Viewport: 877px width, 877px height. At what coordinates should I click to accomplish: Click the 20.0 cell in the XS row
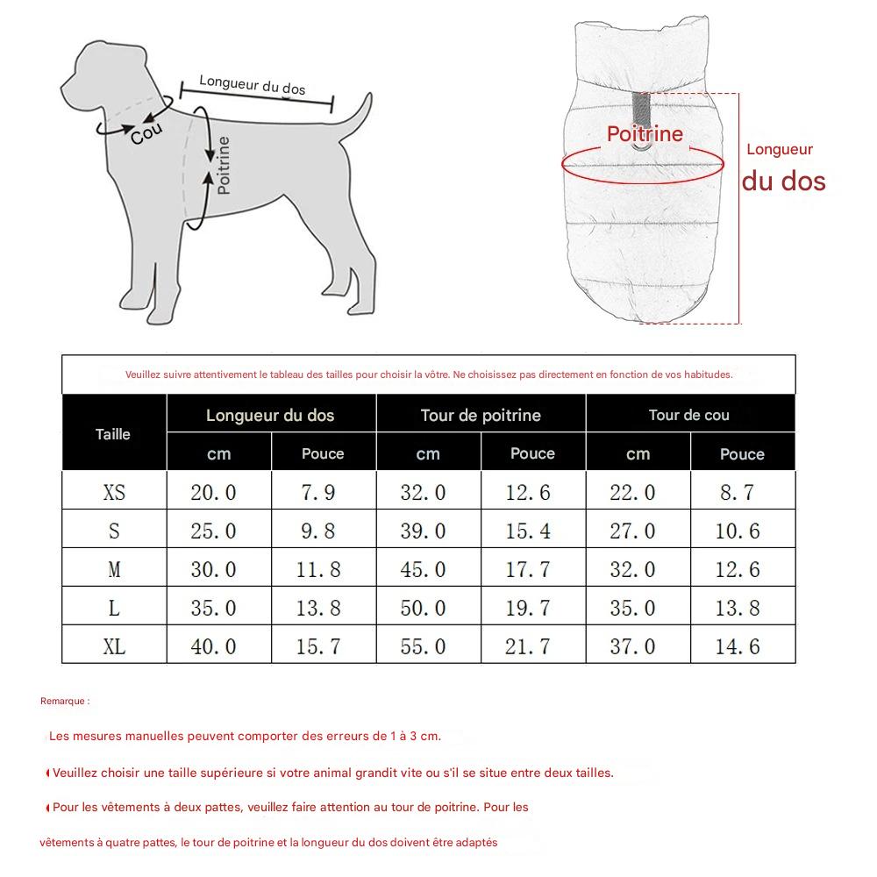213,493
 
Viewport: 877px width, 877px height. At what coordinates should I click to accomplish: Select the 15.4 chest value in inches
528,531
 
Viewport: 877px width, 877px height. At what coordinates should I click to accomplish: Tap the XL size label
114,647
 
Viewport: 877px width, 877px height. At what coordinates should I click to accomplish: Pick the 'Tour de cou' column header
688,415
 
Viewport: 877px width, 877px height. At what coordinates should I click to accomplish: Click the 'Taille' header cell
113,434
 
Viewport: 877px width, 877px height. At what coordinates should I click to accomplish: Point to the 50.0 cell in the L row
423,609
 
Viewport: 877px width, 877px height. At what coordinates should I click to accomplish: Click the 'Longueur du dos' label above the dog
253,85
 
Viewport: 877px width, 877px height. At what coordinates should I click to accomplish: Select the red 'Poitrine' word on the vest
645,134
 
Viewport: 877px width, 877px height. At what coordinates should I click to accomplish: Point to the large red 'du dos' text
783,181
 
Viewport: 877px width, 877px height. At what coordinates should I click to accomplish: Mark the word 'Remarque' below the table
64,702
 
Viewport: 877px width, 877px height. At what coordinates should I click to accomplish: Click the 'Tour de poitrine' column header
481,415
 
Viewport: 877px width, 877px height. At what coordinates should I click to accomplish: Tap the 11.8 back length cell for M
318,570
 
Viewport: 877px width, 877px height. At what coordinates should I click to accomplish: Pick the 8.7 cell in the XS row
737,493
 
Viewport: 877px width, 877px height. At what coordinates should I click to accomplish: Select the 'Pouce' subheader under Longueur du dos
323,454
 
